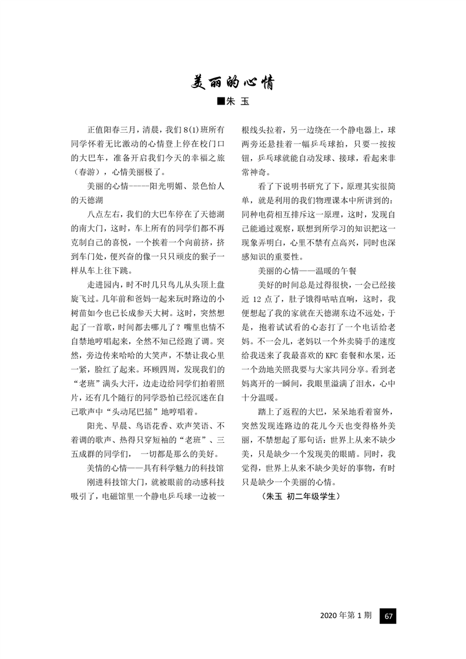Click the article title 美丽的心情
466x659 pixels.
tap(233, 83)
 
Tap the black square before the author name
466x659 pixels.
tap(221, 102)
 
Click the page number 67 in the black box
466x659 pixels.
tap(389, 617)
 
